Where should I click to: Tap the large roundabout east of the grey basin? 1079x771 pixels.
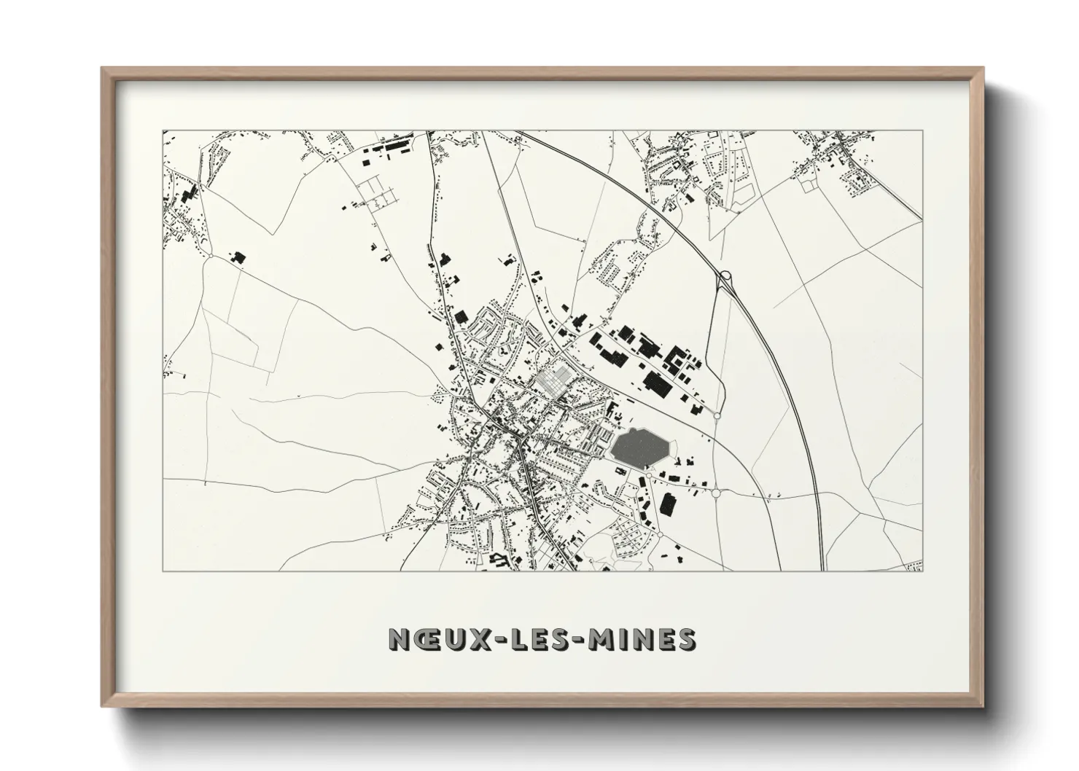716,493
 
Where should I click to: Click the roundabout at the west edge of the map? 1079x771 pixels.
210,257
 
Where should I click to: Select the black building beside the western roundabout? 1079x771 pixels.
237,257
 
